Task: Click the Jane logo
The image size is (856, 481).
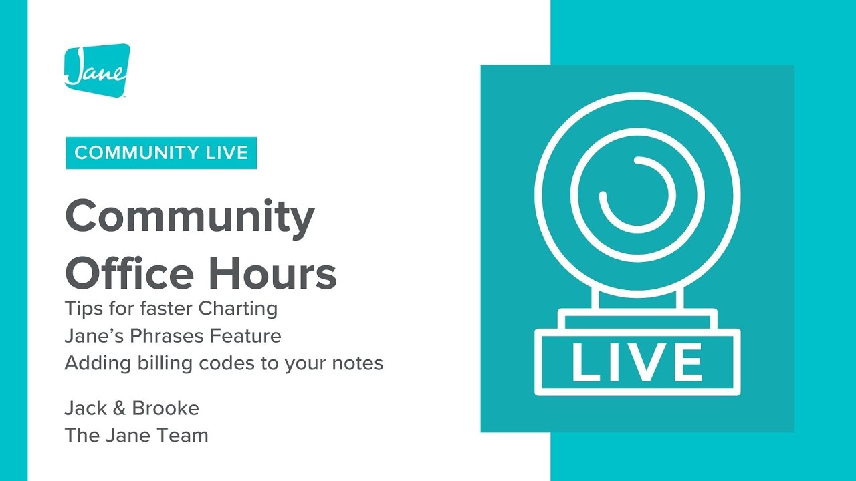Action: pyautogui.click(x=97, y=70)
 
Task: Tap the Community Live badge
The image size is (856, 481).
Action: pyautogui.click(x=161, y=152)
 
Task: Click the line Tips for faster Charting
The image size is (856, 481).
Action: pyautogui.click(x=171, y=309)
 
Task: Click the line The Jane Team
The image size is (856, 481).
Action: pyautogui.click(x=136, y=436)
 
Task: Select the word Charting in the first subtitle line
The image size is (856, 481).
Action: pyautogui.click(x=247, y=309)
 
